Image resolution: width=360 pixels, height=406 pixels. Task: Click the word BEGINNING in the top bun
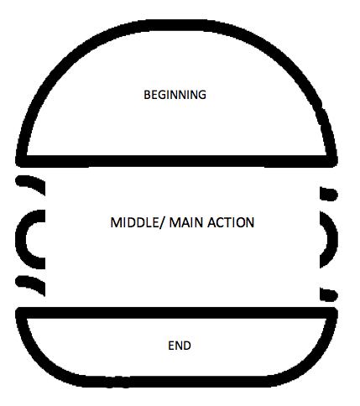(175, 95)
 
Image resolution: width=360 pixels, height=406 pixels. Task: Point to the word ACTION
(231, 222)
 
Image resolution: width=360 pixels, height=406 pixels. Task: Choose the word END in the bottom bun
(180, 346)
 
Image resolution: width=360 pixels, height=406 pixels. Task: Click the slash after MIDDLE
(163, 223)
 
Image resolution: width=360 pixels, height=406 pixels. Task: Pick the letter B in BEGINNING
(147, 95)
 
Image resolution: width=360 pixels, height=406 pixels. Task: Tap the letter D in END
(187, 346)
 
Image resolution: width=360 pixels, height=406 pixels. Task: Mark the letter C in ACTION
(221, 222)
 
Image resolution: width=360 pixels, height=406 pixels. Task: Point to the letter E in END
(171, 346)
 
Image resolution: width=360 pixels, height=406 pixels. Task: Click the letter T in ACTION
(227, 222)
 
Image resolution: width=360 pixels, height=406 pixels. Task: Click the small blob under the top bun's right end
(328, 194)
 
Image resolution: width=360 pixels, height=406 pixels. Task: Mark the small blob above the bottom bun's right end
(328, 294)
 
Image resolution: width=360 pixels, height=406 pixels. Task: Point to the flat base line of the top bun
(176, 161)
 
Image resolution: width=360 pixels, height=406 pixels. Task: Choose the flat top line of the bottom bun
(176, 313)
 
